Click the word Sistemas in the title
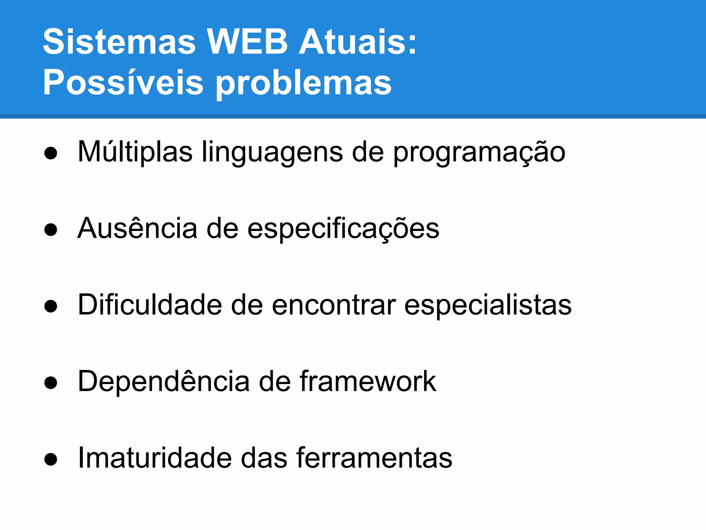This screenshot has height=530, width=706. (119, 42)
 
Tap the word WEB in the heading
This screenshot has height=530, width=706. (247, 42)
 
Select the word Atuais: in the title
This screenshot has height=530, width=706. (357, 42)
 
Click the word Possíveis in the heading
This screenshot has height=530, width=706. (123, 83)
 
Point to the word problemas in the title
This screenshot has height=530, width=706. (304, 83)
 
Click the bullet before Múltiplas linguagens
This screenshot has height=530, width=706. (51, 153)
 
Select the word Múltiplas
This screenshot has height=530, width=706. (135, 152)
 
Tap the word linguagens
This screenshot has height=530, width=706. (272, 152)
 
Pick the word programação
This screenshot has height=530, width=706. (479, 152)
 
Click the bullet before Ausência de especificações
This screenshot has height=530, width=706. (51, 230)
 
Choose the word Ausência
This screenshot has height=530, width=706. (137, 228)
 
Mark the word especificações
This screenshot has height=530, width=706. (343, 228)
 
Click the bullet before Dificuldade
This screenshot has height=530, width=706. (51, 306)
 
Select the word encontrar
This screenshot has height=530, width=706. (334, 305)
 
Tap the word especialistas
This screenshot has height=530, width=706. (488, 305)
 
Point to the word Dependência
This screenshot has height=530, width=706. (164, 382)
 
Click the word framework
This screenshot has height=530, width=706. (368, 382)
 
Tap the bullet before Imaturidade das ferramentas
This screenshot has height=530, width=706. (51, 459)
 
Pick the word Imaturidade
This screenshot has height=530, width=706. (155, 458)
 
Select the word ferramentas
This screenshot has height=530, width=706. (374, 458)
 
